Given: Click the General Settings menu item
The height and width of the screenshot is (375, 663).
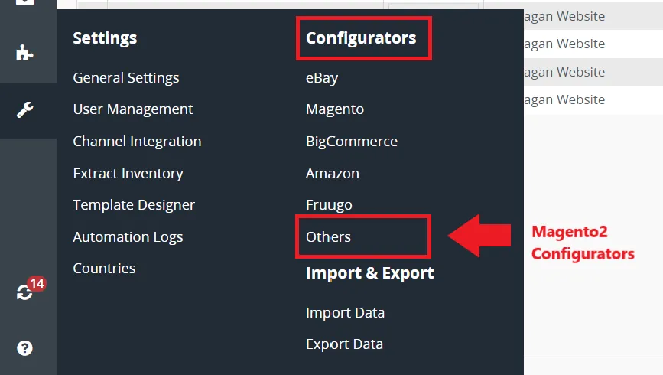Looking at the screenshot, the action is [x=126, y=78].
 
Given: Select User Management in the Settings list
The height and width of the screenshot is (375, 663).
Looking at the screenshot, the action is [x=133, y=109].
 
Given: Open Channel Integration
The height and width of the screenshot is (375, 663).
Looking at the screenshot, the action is [x=137, y=142].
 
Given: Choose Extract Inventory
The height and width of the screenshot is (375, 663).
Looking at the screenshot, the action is [x=128, y=174].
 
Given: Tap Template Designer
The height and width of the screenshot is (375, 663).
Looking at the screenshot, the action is [x=134, y=205].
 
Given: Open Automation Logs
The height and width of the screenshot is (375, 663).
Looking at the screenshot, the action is [x=128, y=237].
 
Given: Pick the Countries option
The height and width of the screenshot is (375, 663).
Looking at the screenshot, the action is [x=105, y=269].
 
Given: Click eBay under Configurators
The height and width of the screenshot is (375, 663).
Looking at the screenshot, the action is [x=322, y=78].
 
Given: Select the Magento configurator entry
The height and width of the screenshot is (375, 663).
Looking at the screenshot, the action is [x=335, y=109].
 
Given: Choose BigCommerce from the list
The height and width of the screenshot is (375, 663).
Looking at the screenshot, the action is [x=352, y=142].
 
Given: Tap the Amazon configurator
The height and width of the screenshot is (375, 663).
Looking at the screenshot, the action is [x=333, y=174].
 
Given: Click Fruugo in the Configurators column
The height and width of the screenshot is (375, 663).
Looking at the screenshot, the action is [x=329, y=205].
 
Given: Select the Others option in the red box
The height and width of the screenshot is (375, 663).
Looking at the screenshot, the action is [x=329, y=237].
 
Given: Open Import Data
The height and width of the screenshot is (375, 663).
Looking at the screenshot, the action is [x=345, y=313].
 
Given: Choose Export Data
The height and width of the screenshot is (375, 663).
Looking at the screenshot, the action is [x=345, y=344].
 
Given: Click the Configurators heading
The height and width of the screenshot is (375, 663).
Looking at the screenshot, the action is [x=361, y=38].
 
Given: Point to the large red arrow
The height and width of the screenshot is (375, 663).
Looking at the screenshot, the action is [x=479, y=235].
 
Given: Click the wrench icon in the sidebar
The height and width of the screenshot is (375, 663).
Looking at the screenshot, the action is [x=25, y=109].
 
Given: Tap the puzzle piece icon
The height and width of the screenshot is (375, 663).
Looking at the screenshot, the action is [x=24, y=53].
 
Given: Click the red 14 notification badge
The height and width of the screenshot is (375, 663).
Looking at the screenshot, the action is [x=37, y=283].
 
